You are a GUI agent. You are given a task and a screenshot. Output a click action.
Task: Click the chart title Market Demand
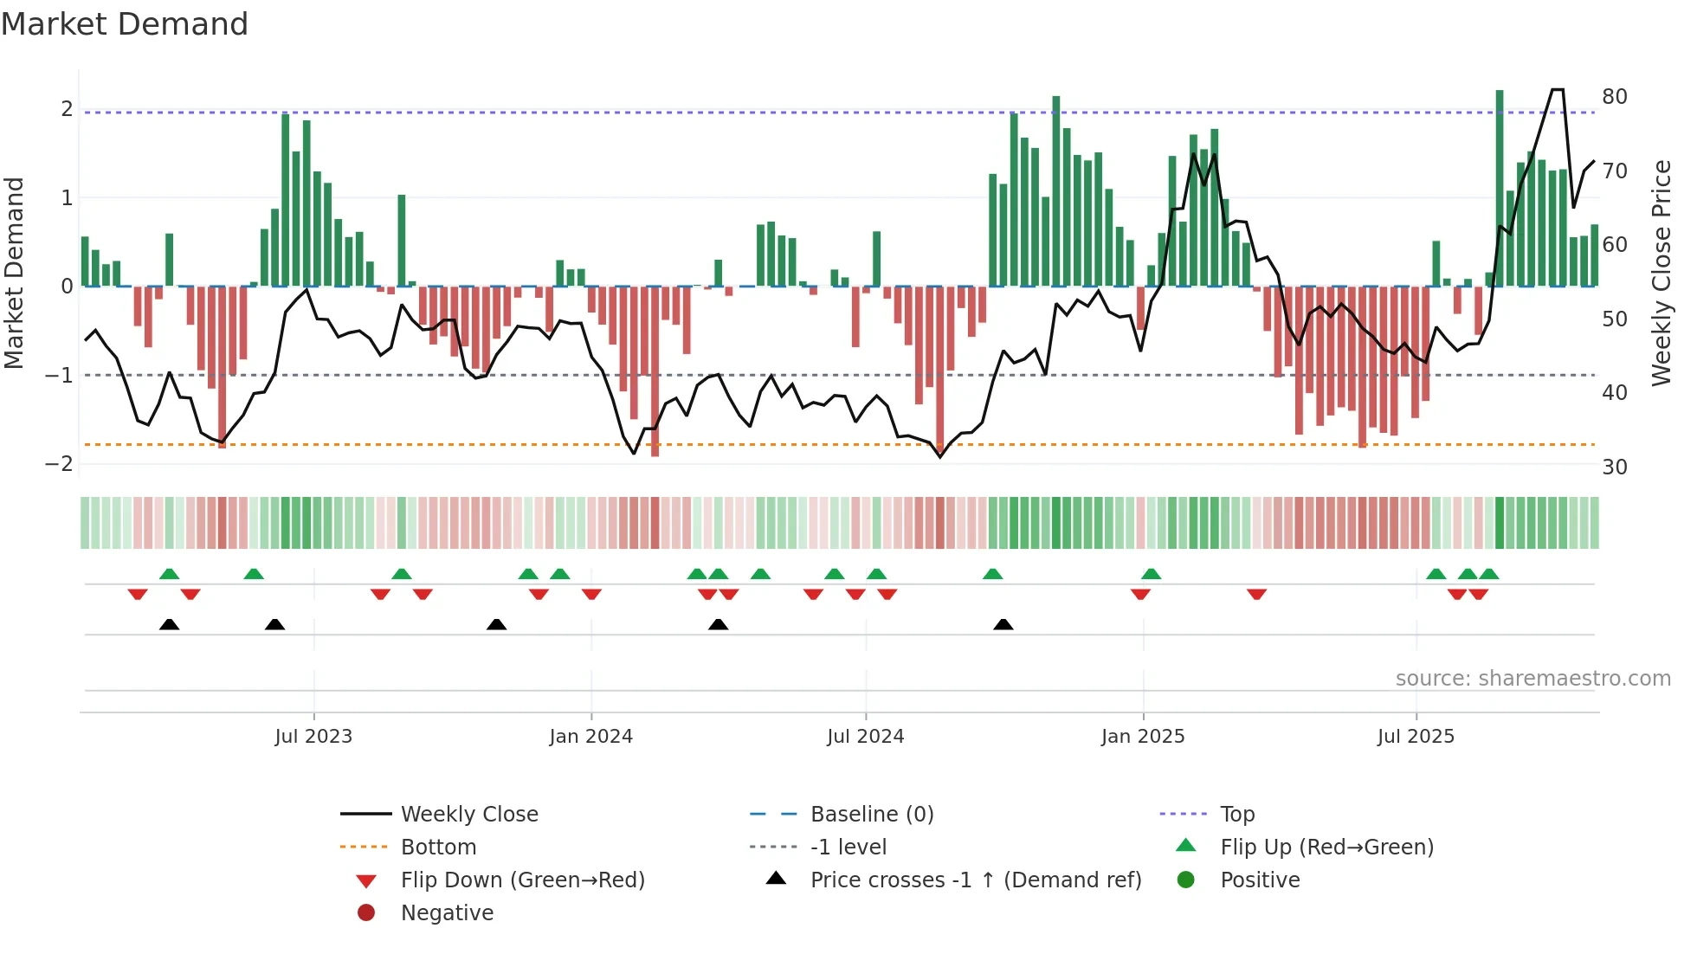pyautogui.click(x=125, y=24)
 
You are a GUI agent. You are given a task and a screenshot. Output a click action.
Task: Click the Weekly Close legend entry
pyautogui.click(x=468, y=814)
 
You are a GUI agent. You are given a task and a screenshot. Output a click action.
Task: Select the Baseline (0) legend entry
pyautogui.click(x=871, y=814)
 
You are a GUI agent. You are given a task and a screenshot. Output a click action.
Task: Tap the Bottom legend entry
pyautogui.click(x=438, y=847)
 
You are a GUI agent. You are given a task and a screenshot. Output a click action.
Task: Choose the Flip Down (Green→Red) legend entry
pyautogui.click(x=522, y=880)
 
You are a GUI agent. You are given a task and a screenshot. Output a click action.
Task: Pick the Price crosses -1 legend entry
pyautogui.click(x=975, y=880)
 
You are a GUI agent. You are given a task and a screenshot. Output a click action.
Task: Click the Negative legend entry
pyautogui.click(x=447, y=912)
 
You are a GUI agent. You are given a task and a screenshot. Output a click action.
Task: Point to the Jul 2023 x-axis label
pyautogui.click(x=313, y=737)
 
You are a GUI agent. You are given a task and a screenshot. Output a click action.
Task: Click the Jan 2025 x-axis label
pyautogui.click(x=1143, y=737)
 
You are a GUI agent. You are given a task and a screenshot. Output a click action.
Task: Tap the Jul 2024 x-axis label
pyautogui.click(x=865, y=737)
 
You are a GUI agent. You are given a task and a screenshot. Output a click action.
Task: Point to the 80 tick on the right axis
pyautogui.click(x=1614, y=97)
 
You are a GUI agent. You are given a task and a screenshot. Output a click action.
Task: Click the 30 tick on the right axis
pyautogui.click(x=1614, y=467)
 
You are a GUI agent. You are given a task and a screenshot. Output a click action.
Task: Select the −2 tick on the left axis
pyautogui.click(x=60, y=464)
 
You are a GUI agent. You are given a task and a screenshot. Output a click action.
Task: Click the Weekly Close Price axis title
pyautogui.click(x=1661, y=273)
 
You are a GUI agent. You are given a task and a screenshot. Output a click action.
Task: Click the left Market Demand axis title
pyautogui.click(x=15, y=273)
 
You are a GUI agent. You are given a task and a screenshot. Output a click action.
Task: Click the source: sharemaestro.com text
pyautogui.click(x=1532, y=679)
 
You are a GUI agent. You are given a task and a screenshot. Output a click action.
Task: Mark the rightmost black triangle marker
pyautogui.click(x=1003, y=624)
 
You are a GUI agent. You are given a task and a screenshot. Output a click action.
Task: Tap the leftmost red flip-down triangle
pyautogui.click(x=138, y=594)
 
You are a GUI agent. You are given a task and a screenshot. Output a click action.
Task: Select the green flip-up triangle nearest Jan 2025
pyautogui.click(x=1151, y=574)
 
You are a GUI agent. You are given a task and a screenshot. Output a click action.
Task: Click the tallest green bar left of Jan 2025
pyautogui.click(x=1056, y=190)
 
